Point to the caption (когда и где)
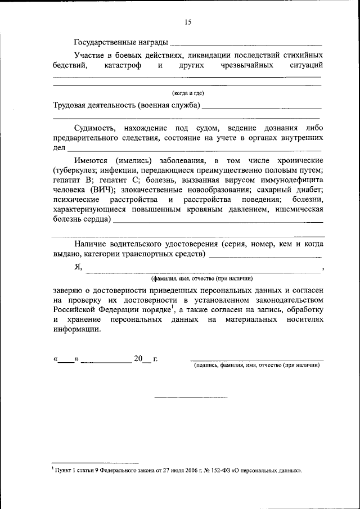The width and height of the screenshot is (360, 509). click(187, 93)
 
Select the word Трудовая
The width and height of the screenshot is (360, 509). click(70, 105)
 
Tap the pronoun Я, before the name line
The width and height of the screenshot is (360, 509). click(78, 268)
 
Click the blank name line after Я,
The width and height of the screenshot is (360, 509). click(202, 270)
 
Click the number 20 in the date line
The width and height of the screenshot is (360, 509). click(138, 358)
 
